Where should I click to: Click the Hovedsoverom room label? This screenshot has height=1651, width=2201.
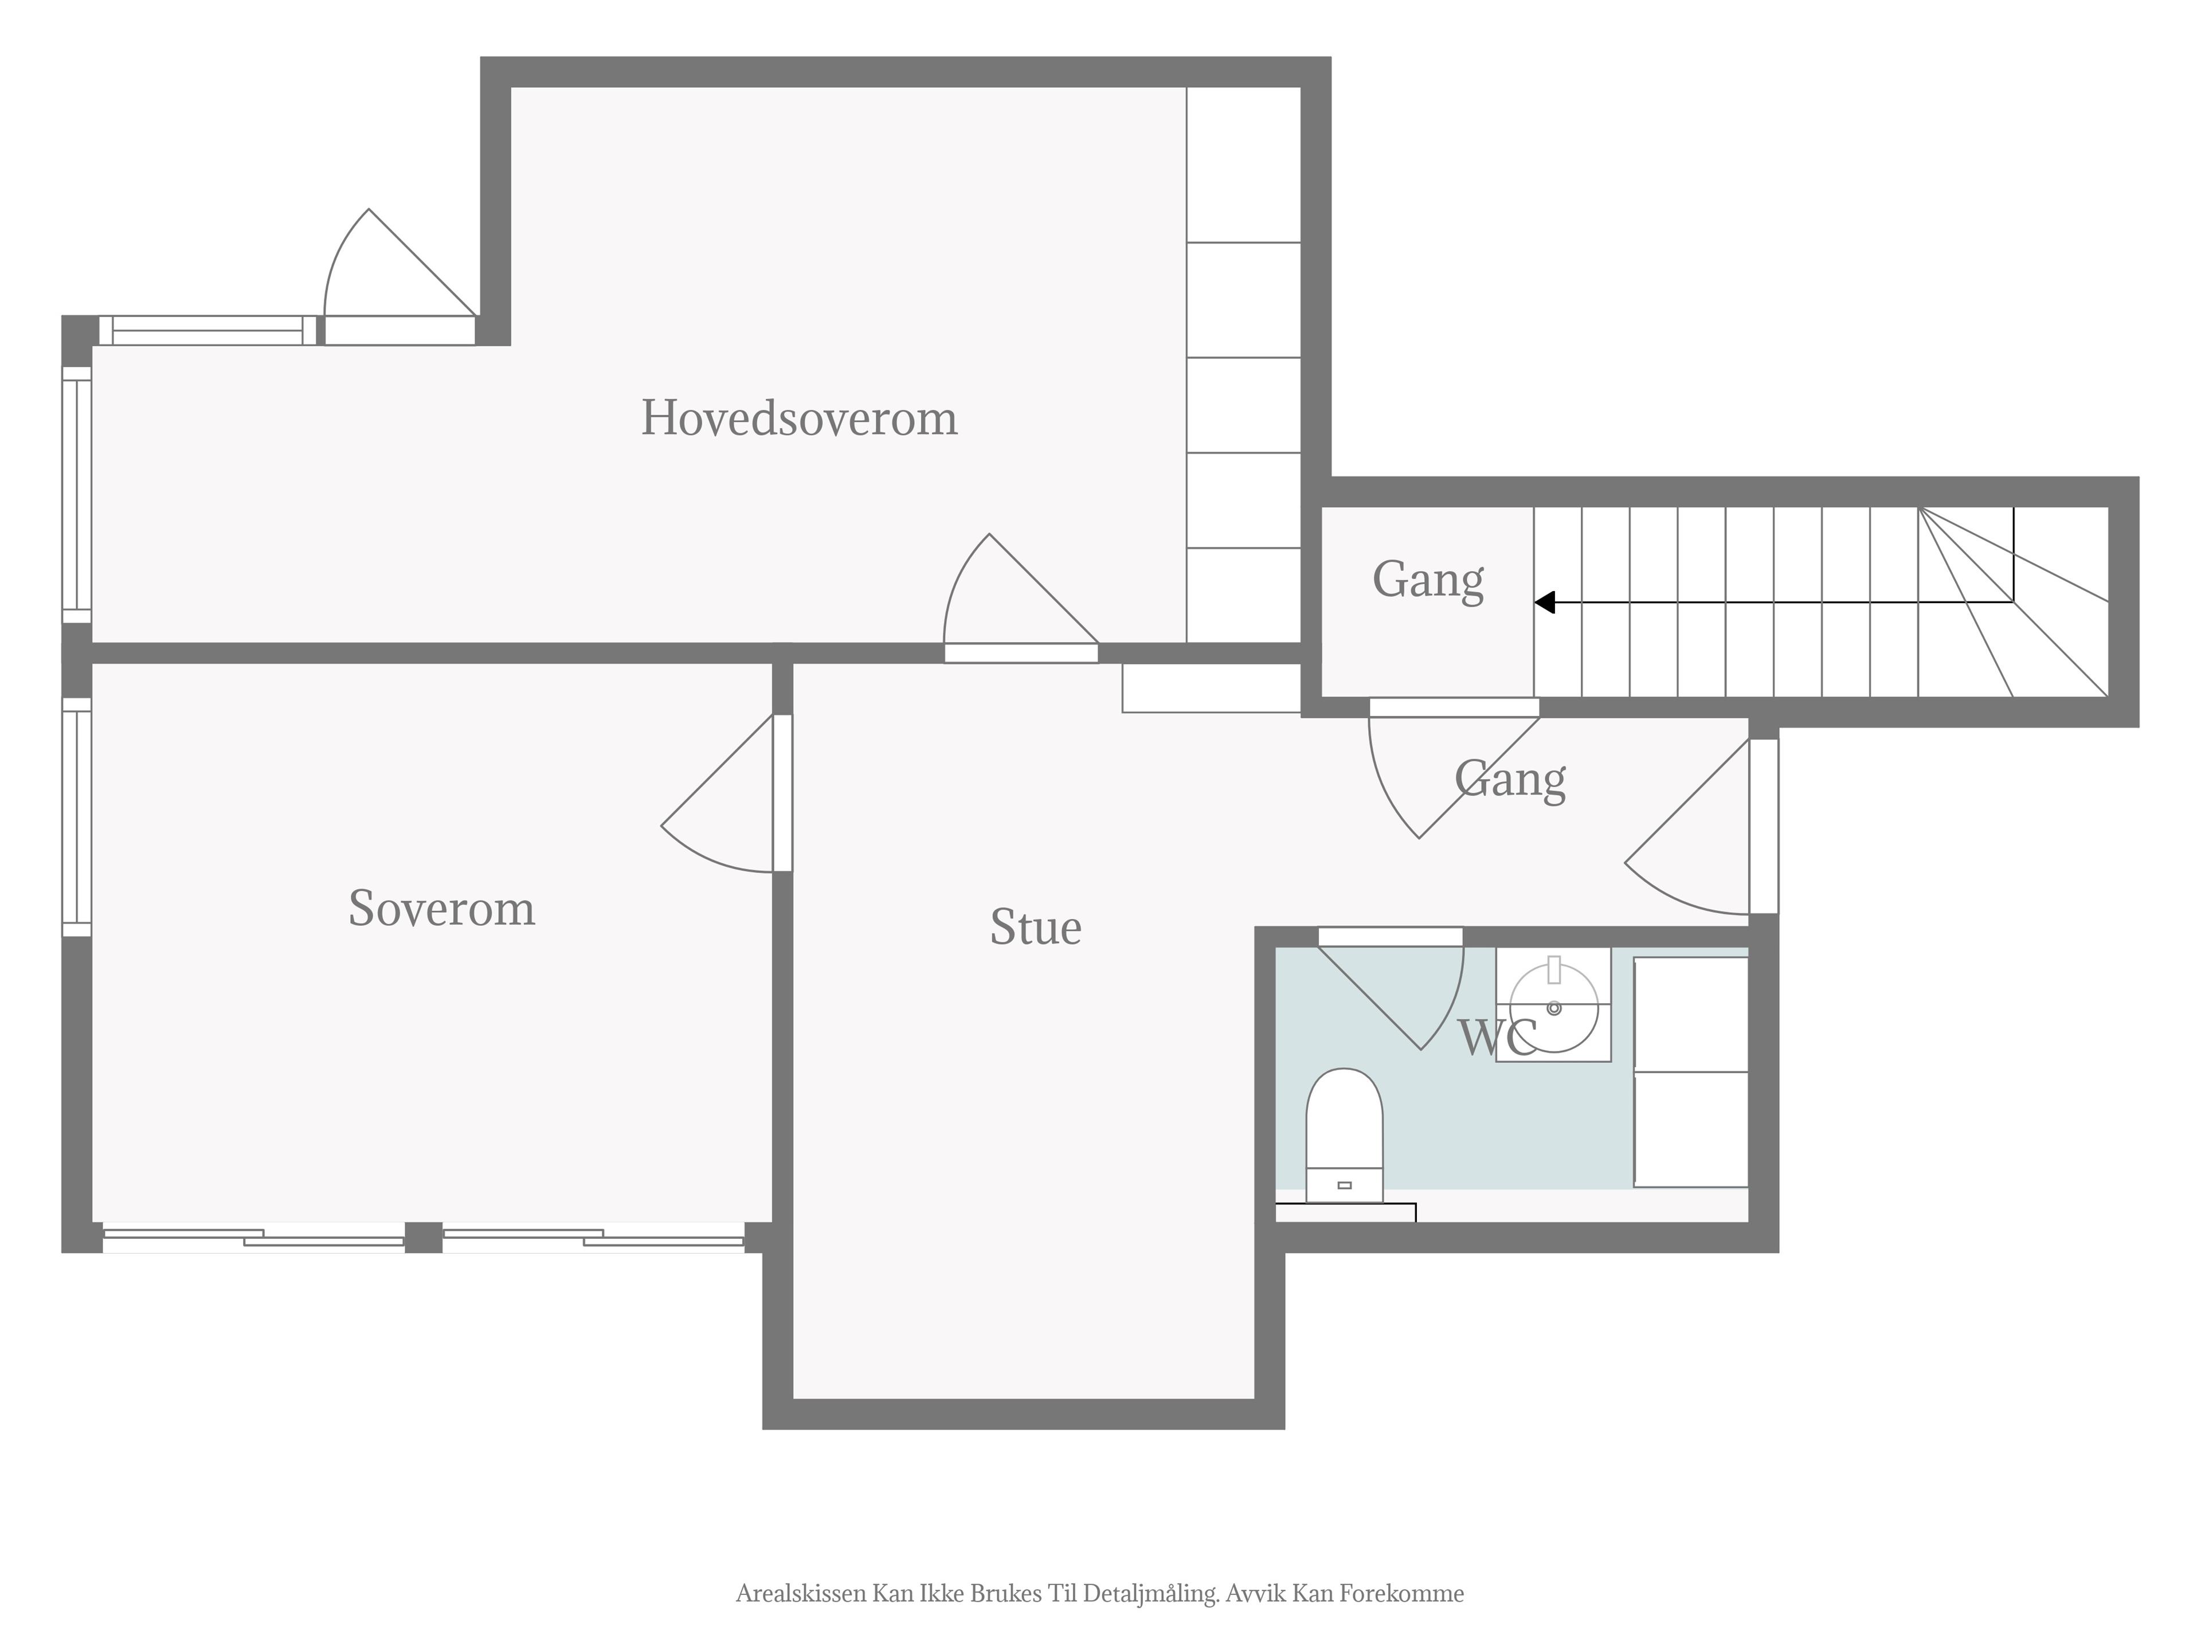click(799, 418)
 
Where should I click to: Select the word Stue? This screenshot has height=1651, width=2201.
click(1036, 928)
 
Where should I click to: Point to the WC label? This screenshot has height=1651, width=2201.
click(1498, 1038)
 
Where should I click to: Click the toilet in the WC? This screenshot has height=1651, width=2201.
click(1344, 1136)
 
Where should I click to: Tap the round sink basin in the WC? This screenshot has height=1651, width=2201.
click(1554, 1008)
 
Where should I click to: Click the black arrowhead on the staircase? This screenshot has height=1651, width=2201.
click(1544, 602)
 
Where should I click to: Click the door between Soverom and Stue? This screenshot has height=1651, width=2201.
click(726, 793)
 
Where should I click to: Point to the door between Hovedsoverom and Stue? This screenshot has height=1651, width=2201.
click(1021, 598)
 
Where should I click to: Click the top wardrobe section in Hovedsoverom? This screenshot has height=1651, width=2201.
click(1244, 164)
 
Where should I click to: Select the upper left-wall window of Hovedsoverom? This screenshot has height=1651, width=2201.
click(77, 495)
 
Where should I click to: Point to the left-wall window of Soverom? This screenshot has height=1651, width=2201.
click(77, 817)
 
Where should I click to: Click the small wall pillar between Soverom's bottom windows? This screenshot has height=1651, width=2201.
click(424, 1237)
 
